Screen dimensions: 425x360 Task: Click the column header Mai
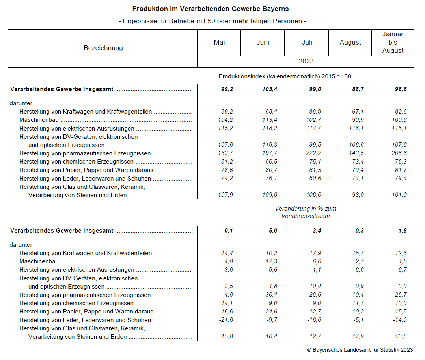coord(219,42)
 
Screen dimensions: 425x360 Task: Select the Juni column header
coord(263,42)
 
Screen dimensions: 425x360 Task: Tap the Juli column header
coord(307,42)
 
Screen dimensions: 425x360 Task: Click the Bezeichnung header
coord(103,48)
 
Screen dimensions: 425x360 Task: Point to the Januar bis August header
coord(393,42)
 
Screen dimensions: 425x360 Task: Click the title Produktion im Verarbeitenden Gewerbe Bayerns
coord(211,9)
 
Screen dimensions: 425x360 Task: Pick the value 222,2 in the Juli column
coord(313,153)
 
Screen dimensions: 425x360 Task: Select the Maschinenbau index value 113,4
coord(270,120)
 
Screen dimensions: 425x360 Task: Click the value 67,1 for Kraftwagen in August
coord(358,112)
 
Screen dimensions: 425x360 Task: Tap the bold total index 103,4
coord(270,89)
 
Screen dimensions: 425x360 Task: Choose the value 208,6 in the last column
coord(399,153)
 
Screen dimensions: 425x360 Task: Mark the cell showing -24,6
coord(270,312)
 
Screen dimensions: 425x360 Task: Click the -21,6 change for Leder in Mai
coord(226,320)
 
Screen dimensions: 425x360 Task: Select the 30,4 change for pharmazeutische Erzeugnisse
coord(271,295)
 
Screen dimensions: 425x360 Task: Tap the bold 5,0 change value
coord(273,231)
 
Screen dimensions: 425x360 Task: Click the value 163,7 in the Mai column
coord(226,153)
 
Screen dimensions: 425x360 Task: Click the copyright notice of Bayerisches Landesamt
coord(360,350)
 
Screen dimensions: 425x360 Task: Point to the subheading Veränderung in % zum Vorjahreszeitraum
coord(306,212)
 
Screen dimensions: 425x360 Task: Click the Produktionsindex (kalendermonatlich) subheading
coord(285,77)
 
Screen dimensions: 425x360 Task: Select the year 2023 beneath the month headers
coord(306,61)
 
